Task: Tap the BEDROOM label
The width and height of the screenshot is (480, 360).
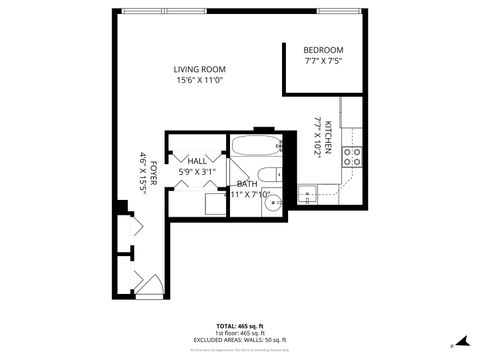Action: click(323, 50)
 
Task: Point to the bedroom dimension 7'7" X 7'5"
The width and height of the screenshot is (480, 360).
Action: click(323, 61)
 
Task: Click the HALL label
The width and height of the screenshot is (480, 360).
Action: click(197, 161)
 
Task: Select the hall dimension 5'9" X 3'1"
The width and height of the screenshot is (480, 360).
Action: click(197, 172)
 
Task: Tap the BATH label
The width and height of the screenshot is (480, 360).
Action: click(246, 184)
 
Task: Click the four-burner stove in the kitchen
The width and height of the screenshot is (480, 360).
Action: click(352, 155)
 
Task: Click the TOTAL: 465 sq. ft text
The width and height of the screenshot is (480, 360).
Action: click(239, 327)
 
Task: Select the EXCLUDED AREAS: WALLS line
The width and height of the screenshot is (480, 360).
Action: click(239, 341)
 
